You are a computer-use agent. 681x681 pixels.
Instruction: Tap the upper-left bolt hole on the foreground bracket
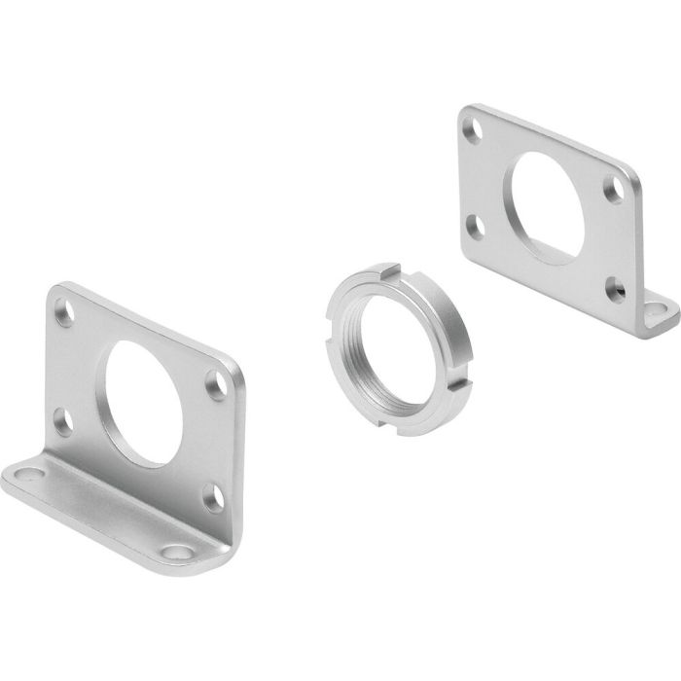[x=66, y=315]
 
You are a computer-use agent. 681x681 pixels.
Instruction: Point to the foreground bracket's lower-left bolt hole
[x=61, y=421]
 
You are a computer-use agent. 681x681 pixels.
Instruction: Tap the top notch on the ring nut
[x=392, y=267]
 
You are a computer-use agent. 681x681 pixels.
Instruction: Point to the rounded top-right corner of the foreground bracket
[x=230, y=365]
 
